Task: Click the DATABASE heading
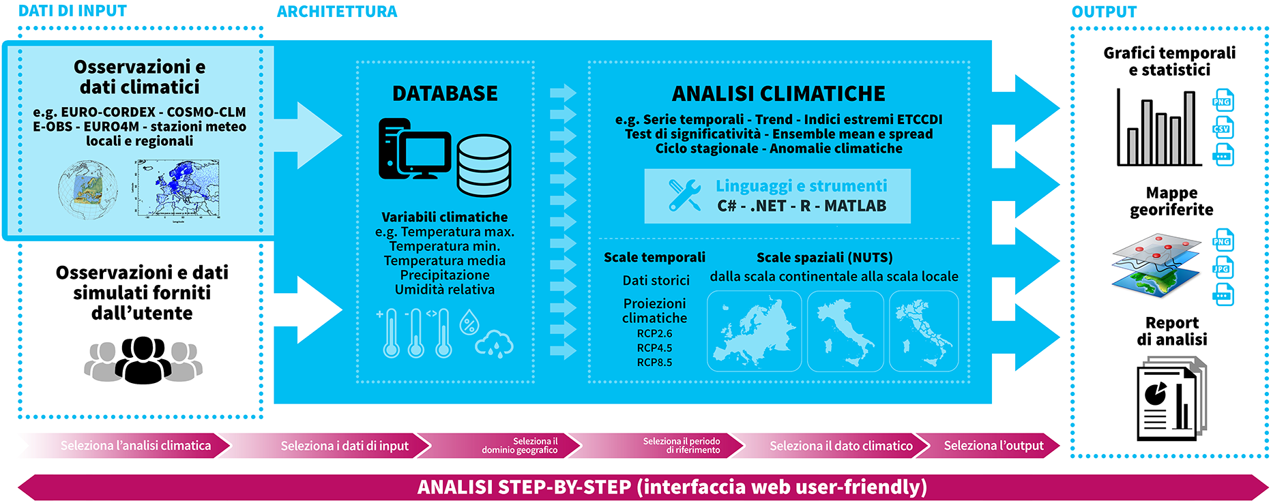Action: [445, 93]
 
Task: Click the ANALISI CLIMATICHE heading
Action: [778, 93]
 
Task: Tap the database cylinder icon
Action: [484, 166]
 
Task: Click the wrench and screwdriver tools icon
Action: [684, 195]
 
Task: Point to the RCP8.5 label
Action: [654, 363]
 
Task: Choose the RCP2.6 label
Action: [654, 334]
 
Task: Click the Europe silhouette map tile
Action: [754, 331]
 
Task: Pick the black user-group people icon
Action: [143, 360]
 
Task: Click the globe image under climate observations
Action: [87, 189]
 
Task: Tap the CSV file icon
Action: [1223, 129]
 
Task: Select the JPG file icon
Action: [1223, 269]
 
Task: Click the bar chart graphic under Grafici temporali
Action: [1159, 127]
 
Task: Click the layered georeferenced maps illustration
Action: [1156, 266]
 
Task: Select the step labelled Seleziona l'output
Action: [993, 446]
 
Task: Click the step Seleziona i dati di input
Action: [345, 446]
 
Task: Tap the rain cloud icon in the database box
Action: [495, 344]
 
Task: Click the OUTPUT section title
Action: [1104, 12]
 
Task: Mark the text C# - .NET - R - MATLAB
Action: [802, 206]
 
